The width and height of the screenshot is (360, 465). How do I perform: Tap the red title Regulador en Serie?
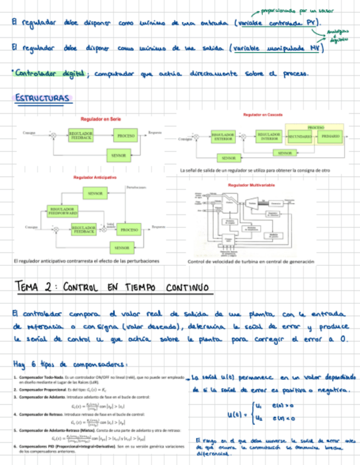[x=100, y=118]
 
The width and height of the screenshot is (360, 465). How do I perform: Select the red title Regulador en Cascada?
[x=262, y=115]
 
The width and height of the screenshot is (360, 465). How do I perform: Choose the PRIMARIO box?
[x=330, y=135]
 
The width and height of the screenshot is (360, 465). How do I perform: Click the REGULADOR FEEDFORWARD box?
[x=63, y=211]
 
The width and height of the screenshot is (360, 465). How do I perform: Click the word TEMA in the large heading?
[x=33, y=287]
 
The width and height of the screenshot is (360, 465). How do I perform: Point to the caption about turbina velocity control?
[x=251, y=262]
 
